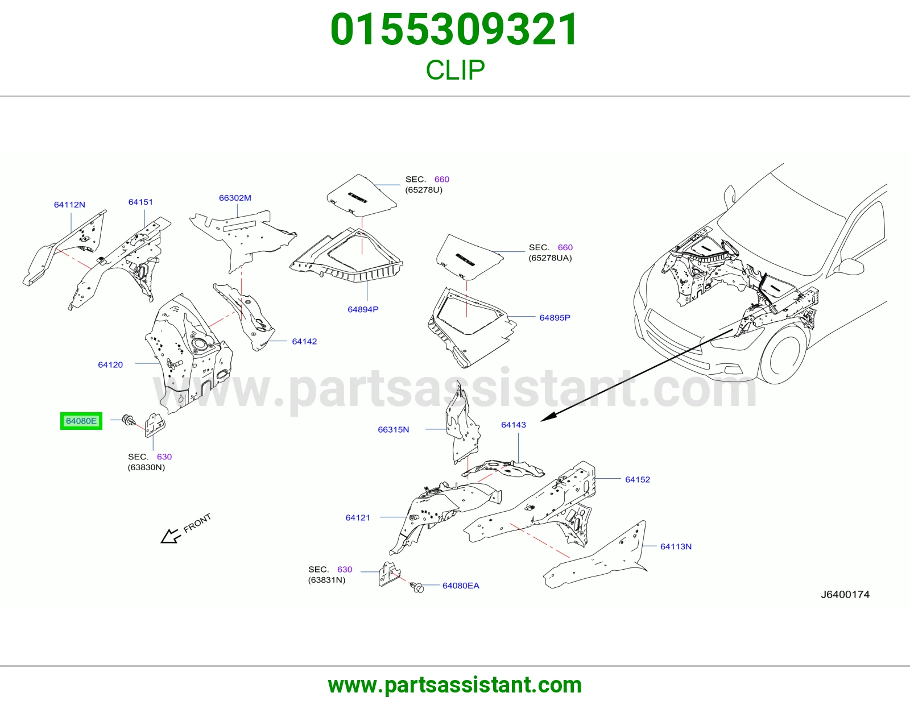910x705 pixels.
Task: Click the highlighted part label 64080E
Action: pyautogui.click(x=81, y=421)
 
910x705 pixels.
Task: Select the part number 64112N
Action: pyautogui.click(x=69, y=205)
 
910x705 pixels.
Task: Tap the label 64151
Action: pyautogui.click(x=140, y=202)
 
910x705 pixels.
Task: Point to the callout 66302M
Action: pyautogui.click(x=235, y=198)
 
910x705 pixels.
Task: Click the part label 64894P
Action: pyautogui.click(x=363, y=309)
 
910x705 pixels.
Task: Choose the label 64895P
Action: pyautogui.click(x=555, y=318)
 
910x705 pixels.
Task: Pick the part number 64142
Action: pyautogui.click(x=304, y=341)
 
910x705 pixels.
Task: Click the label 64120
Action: pyautogui.click(x=110, y=364)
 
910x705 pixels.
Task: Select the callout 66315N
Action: pyautogui.click(x=393, y=429)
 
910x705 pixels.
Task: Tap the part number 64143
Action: pyautogui.click(x=514, y=425)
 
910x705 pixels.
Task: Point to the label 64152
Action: pyautogui.click(x=638, y=479)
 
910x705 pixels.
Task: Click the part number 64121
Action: pyautogui.click(x=358, y=517)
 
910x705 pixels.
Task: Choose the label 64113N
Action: pyautogui.click(x=676, y=546)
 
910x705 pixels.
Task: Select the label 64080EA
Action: pyautogui.click(x=461, y=586)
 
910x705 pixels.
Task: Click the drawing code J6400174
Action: pyautogui.click(x=845, y=595)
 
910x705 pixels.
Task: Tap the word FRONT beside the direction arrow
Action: pyautogui.click(x=197, y=523)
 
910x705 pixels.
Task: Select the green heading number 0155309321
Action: pyautogui.click(x=454, y=30)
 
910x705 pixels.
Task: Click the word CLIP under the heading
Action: pyautogui.click(x=455, y=70)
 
